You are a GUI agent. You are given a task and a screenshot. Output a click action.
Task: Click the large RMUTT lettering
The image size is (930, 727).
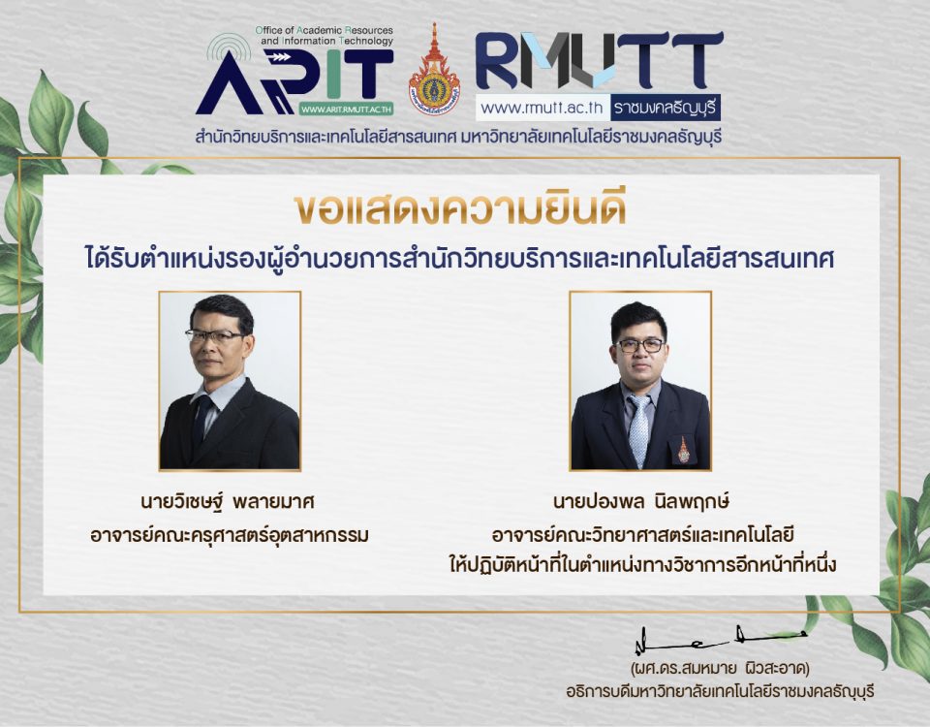[599, 60]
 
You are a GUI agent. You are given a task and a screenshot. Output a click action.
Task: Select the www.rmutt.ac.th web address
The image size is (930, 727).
[542, 108]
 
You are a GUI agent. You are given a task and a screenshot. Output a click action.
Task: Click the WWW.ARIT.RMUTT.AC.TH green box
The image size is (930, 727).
[346, 110]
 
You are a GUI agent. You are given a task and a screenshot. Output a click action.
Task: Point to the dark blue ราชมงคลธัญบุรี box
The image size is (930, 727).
[666, 108]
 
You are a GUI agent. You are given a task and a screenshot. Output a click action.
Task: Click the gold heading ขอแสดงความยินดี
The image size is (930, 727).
[460, 208]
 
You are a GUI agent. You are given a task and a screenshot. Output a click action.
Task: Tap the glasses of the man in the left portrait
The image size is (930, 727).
[215, 336]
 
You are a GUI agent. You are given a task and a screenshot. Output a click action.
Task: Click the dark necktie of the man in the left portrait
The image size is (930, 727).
[201, 419]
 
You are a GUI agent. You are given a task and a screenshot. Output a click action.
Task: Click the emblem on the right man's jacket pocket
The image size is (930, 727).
[683, 450]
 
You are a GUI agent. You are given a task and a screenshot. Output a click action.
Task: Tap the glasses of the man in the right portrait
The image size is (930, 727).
[639, 345]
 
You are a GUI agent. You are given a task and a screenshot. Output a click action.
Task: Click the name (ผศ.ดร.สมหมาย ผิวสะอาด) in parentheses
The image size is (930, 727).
[720, 669]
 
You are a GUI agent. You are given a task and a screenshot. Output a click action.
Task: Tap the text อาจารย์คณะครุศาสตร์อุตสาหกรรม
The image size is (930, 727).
[230, 535]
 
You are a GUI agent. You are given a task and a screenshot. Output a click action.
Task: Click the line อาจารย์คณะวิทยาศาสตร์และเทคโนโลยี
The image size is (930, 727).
[643, 535]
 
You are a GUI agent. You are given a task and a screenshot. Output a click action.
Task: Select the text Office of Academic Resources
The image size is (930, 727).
[324, 30]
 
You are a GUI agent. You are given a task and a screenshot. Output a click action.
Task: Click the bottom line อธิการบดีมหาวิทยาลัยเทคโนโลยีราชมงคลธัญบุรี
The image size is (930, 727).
[720, 691]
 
